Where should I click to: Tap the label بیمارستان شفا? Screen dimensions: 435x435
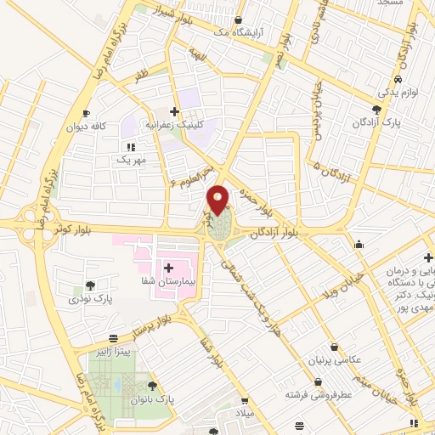(x=169, y=281)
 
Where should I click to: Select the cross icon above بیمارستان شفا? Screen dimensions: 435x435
(x=168, y=268)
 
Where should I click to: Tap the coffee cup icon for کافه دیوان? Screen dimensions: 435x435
(x=85, y=114)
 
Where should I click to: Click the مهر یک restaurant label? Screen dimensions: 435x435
(x=133, y=160)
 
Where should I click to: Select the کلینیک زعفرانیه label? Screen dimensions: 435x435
(x=179, y=124)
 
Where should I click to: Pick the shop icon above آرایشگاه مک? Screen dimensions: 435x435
(x=239, y=20)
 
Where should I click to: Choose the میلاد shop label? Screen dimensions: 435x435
(x=244, y=413)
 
